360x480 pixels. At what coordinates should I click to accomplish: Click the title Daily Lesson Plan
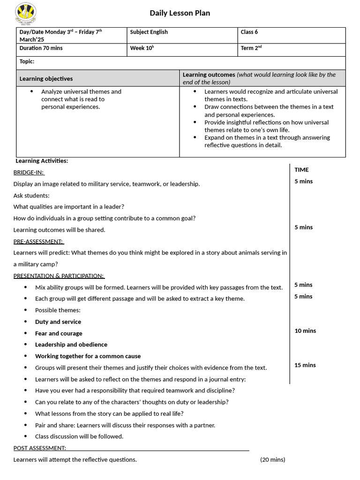click(x=180, y=13)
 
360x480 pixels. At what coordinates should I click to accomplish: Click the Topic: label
click(x=27, y=61)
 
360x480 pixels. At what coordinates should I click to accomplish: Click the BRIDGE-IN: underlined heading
click(x=29, y=172)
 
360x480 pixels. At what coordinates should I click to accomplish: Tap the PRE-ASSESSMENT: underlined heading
click(x=38, y=241)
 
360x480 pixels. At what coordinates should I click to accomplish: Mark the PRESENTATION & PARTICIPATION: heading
click(x=59, y=276)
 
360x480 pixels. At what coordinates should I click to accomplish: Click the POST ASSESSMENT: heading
click(x=40, y=448)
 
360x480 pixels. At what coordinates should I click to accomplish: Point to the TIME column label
click(x=301, y=170)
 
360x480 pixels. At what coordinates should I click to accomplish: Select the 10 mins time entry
click(x=305, y=330)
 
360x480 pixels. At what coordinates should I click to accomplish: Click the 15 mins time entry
click(x=305, y=365)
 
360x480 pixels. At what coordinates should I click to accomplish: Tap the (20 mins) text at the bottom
click(x=272, y=459)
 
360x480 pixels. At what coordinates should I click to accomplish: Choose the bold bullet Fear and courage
click(x=59, y=333)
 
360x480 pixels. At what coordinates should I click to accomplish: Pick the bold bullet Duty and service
click(x=58, y=322)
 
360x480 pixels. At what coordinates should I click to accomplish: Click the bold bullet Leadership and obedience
click(x=71, y=345)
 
